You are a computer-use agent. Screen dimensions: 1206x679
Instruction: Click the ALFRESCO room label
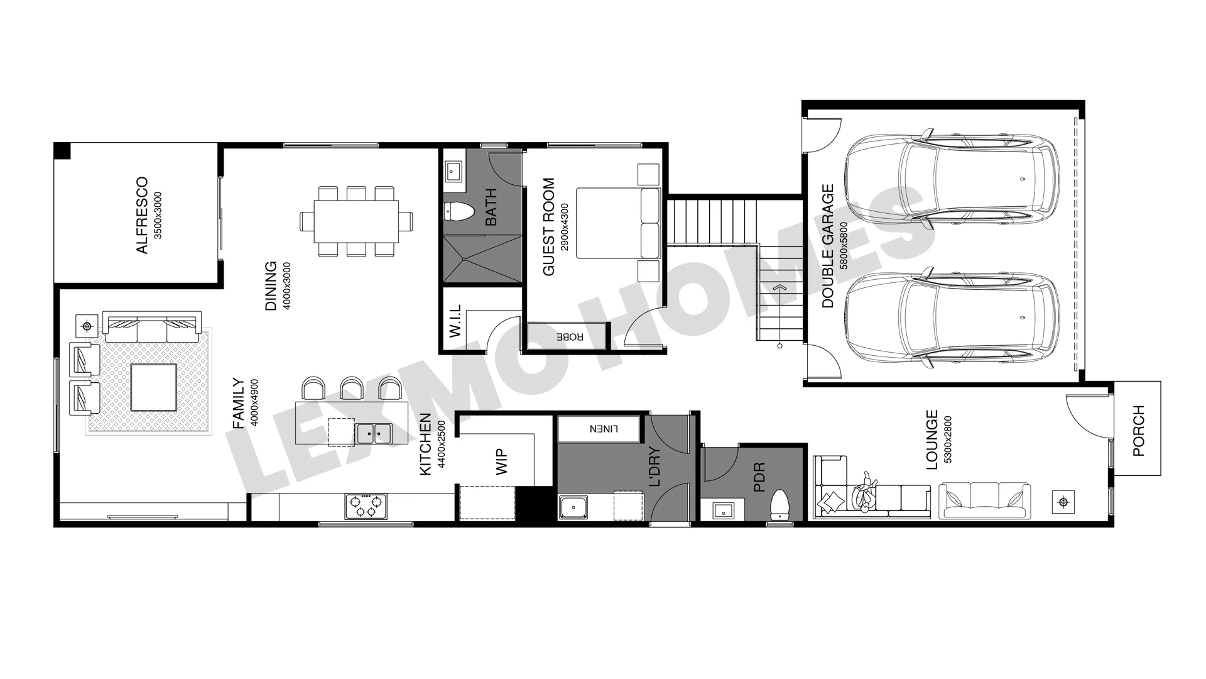pyautogui.click(x=143, y=216)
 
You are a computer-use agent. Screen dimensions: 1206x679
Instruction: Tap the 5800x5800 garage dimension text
pyautogui.click(x=844, y=245)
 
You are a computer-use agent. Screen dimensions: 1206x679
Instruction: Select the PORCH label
pyautogui.click(x=1138, y=431)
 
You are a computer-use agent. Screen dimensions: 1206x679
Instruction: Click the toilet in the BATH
pyautogui.click(x=458, y=212)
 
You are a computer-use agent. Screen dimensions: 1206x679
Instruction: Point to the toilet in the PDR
pyautogui.click(x=780, y=505)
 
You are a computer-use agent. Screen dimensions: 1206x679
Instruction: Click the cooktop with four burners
pyautogui.click(x=366, y=506)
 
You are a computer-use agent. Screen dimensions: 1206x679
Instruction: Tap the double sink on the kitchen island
pyautogui.click(x=374, y=433)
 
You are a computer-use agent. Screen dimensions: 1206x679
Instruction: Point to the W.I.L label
pyautogui.click(x=455, y=321)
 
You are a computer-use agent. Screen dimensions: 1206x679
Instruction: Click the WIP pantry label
pyautogui.click(x=502, y=461)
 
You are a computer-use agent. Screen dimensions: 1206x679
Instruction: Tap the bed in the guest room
pyautogui.click(x=618, y=223)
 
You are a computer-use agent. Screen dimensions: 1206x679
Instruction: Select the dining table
pyautogui.click(x=356, y=221)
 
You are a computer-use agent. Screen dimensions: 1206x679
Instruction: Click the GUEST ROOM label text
pyautogui.click(x=549, y=227)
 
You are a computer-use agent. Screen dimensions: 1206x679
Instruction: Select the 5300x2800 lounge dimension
pyautogui.click(x=948, y=439)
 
